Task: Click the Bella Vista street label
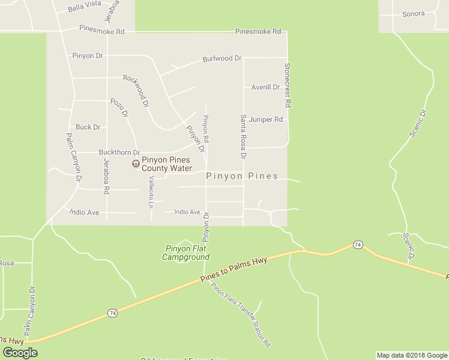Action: (x=85, y=4)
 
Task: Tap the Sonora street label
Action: (x=413, y=14)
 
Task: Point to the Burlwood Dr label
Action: (x=221, y=59)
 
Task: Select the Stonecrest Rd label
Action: (x=288, y=85)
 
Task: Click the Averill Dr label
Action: (x=265, y=88)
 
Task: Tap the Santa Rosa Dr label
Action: (x=244, y=137)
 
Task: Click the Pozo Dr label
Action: (x=120, y=107)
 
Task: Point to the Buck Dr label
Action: (x=88, y=127)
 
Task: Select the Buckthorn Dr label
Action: (x=119, y=153)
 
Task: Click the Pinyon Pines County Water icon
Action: (x=136, y=164)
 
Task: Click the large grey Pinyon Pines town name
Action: (x=242, y=176)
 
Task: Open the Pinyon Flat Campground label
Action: (x=186, y=253)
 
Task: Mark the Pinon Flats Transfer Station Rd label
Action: (x=240, y=315)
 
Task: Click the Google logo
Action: (x=20, y=353)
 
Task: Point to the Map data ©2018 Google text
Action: (x=412, y=355)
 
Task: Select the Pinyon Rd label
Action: (x=206, y=128)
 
